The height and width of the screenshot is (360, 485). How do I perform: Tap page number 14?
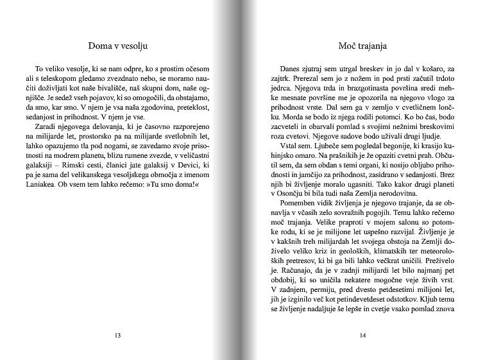click(362, 335)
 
